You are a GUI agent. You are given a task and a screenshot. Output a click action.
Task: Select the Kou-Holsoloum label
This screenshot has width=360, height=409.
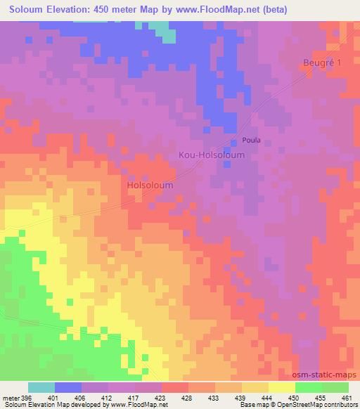point(212,155)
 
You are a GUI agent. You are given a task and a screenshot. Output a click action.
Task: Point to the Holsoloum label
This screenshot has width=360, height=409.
point(150,185)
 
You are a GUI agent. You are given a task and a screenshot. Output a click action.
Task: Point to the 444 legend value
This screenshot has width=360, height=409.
point(266,397)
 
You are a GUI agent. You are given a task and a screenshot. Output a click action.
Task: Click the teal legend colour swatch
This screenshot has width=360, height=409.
point(41,387)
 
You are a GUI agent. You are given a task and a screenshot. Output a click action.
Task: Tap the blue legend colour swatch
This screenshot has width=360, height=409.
point(68,387)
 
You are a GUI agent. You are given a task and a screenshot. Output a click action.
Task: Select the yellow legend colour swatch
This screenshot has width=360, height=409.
point(281,387)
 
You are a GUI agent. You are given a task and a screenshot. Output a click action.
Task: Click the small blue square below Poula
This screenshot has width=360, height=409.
point(226,164)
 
